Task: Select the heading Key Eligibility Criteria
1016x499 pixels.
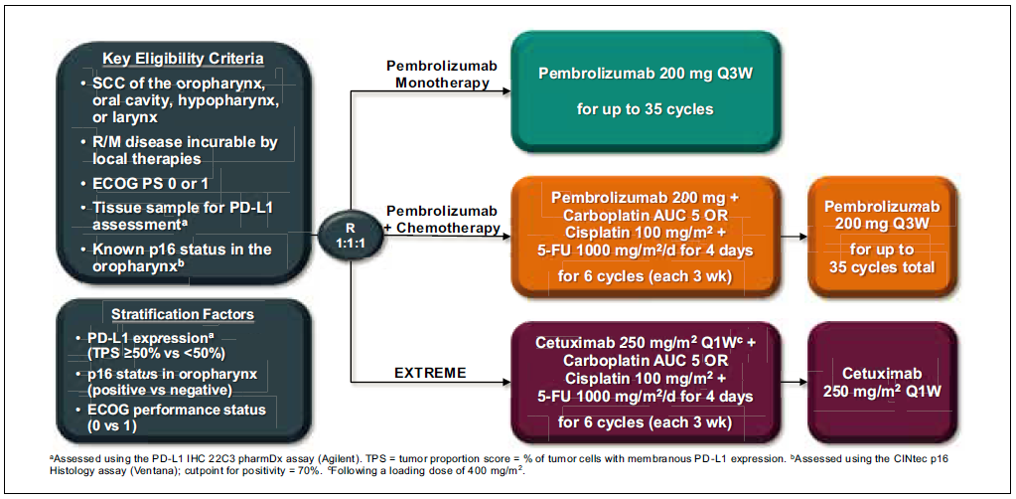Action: pos(184,59)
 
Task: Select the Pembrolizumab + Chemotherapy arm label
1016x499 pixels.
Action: pos(442,220)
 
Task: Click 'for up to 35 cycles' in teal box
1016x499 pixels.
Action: pos(645,109)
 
